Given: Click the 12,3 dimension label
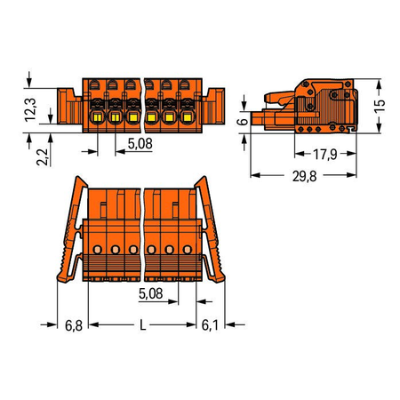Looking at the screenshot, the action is (30, 109).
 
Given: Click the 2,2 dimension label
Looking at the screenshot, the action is (42, 157).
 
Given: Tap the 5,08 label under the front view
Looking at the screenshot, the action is (140, 144).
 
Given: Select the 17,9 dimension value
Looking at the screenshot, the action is (325, 154).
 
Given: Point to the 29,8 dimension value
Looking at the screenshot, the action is (304, 176).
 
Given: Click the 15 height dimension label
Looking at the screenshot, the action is (380, 106).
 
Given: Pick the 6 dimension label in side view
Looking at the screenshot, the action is (243, 121).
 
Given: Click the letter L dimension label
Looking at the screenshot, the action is (143, 324).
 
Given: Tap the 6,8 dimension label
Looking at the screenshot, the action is (74, 325).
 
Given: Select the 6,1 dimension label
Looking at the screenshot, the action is (210, 325).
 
